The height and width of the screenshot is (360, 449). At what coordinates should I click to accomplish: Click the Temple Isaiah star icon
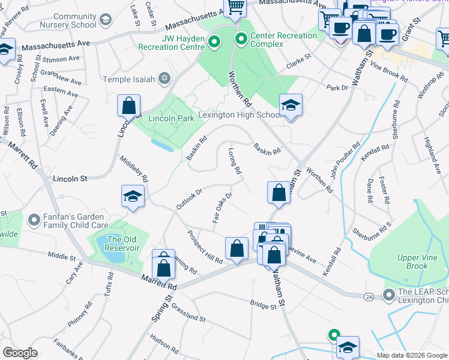[164, 79]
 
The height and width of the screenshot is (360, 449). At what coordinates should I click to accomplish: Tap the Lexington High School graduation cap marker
[291, 106]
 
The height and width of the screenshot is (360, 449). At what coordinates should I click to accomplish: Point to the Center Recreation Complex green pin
[242, 40]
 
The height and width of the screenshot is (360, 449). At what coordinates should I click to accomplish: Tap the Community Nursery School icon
[106, 20]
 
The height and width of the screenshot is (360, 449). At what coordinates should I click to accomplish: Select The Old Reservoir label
[122, 244]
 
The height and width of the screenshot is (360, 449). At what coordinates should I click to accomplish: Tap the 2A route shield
[369, 297]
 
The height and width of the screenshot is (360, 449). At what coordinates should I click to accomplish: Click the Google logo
[20, 353]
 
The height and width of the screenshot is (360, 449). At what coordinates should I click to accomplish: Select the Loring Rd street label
[234, 161]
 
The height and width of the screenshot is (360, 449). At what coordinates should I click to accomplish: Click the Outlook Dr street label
[189, 199]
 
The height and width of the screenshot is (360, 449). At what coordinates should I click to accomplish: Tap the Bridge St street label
[264, 305]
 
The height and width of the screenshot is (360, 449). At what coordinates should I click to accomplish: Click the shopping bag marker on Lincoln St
[128, 106]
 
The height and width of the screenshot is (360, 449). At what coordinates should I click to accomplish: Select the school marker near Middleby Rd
[133, 197]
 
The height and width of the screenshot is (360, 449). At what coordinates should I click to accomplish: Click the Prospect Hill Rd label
[204, 247]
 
